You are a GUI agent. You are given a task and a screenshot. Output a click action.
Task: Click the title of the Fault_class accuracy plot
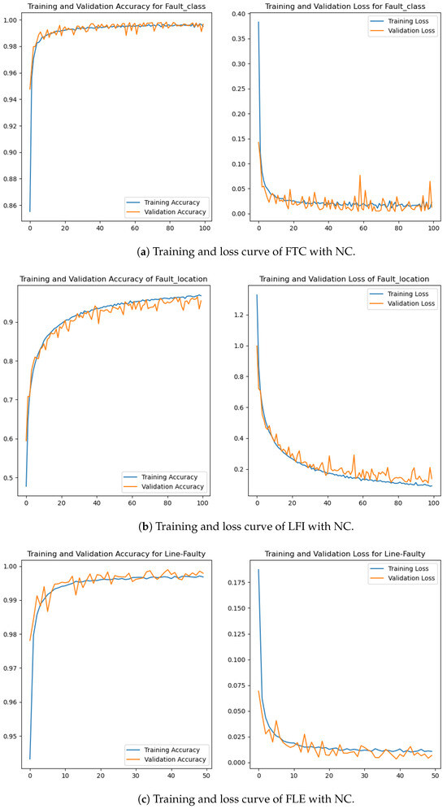[116, 5]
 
